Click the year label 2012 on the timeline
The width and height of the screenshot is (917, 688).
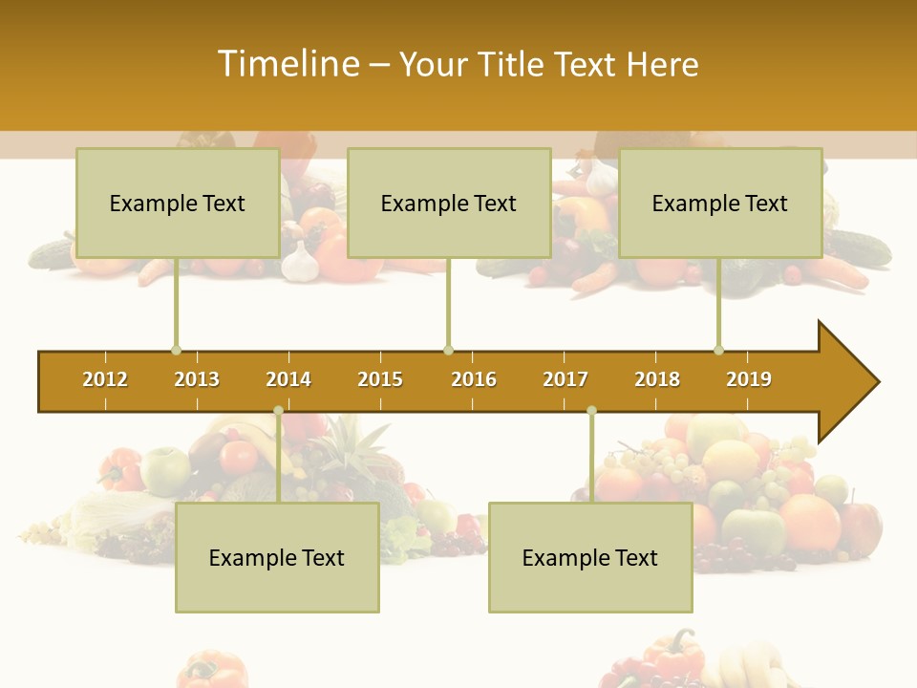(105, 379)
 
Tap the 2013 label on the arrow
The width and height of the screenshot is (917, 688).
(197, 379)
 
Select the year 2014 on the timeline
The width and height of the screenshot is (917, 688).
(288, 379)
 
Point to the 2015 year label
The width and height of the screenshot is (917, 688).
(380, 379)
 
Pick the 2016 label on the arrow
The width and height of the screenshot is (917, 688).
(474, 379)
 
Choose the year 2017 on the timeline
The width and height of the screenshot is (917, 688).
(565, 379)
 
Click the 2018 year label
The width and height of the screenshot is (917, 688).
(657, 379)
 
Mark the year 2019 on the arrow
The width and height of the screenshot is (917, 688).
(749, 379)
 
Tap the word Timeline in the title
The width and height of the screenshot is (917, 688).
(288, 64)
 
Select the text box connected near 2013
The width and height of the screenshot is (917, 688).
(178, 203)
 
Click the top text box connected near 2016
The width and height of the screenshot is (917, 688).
(449, 203)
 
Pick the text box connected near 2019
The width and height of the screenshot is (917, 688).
(720, 203)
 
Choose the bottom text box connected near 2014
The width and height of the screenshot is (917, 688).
(277, 557)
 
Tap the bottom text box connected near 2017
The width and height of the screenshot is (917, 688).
(590, 557)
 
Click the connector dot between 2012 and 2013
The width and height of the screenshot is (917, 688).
(177, 350)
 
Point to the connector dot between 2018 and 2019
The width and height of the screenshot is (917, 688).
(719, 350)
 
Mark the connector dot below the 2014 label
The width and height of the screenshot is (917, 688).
(279, 411)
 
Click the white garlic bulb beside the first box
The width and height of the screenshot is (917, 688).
(299, 262)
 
